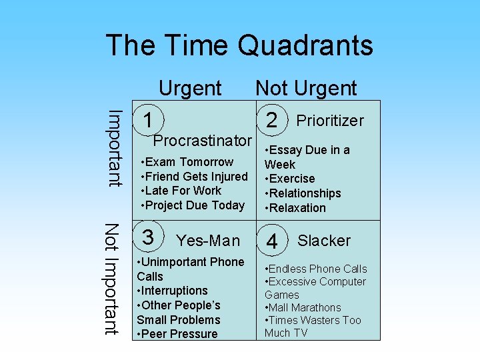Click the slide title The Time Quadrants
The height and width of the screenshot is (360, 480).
coord(239,45)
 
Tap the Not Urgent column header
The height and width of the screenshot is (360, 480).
coord(306,88)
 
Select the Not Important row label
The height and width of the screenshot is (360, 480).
coord(111,279)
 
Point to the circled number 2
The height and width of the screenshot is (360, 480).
coord(271,120)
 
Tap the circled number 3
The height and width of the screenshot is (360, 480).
coord(149,237)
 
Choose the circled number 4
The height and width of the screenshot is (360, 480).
coord(272,241)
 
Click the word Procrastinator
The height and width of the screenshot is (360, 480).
coord(203,141)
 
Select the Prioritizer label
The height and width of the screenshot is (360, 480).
coord(330,121)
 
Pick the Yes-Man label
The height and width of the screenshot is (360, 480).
coord(207,241)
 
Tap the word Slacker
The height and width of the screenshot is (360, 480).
coord(324,241)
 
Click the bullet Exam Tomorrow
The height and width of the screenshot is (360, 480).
coord(188,162)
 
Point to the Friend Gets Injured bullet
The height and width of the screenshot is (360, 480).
coord(195,177)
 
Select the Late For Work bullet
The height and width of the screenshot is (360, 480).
coord(181,191)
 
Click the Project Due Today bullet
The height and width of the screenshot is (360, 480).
coord(193,205)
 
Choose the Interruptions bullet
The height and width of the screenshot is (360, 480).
coord(175,291)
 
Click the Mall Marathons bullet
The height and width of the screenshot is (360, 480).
coord(303,307)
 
